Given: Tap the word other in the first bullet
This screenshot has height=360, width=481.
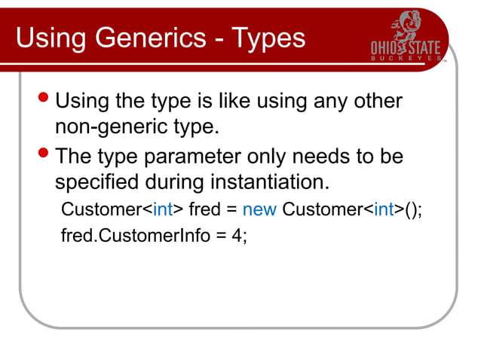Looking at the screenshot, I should point(375,100).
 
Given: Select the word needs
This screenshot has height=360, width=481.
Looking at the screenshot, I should point(335,157).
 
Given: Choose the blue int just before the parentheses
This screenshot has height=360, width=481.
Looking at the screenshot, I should point(384,209).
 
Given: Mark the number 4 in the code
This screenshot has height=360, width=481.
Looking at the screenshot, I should point(237,235).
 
